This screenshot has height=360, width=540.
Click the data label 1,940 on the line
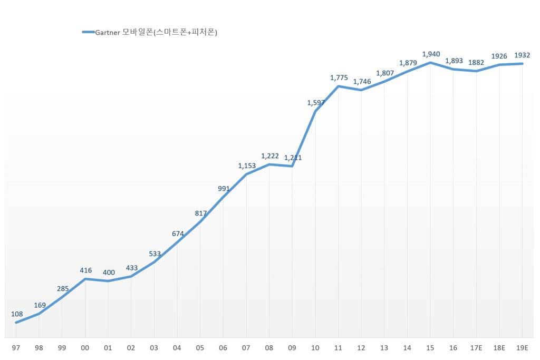click(430, 54)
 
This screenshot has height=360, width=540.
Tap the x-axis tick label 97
click(16, 348)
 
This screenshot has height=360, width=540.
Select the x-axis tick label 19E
click(522, 348)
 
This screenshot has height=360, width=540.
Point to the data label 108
click(17, 314)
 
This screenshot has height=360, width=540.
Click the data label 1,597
click(315, 103)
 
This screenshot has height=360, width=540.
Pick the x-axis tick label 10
click(315, 348)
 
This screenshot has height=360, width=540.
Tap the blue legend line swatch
click(88, 32)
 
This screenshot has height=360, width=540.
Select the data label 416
click(85, 270)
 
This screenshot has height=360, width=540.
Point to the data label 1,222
click(269, 156)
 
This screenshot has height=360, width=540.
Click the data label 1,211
click(293, 158)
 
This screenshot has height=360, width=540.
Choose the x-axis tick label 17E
click(476, 348)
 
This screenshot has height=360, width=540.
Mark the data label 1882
click(476, 62)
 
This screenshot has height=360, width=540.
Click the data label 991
click(224, 188)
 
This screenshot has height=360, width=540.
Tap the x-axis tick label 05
click(200, 348)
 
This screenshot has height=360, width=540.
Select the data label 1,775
click(339, 77)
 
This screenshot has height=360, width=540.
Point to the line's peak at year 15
click(430, 63)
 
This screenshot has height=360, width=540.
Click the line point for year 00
click(85, 279)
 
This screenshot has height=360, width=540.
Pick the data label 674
click(178, 233)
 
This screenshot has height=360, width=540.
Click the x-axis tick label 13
click(384, 348)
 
